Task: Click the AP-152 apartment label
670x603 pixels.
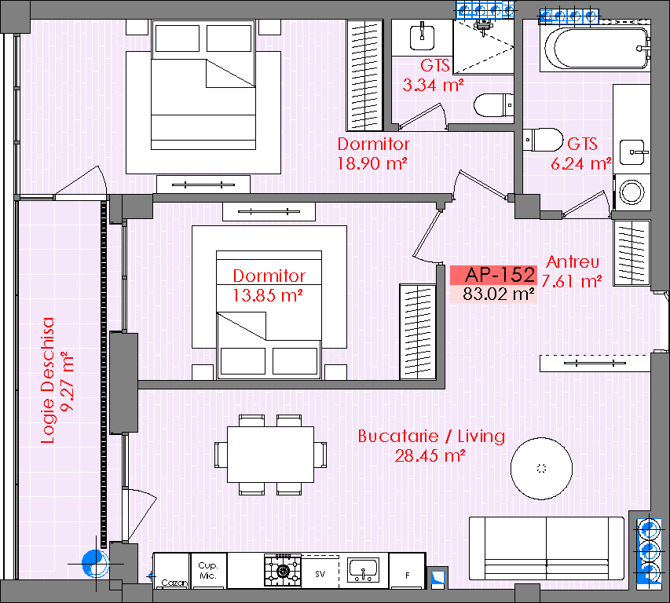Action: coord(500,275)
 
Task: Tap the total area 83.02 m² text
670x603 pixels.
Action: coord(499,294)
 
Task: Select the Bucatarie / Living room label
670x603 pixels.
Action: coord(431,436)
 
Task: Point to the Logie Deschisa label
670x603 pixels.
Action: coord(48,380)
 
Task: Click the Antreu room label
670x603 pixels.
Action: coord(573,261)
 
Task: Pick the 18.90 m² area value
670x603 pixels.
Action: coord(372,163)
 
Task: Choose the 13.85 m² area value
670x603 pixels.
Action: coord(268,295)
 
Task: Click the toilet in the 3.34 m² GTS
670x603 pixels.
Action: coord(493,105)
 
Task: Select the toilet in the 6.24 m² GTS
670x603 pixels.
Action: coord(543,140)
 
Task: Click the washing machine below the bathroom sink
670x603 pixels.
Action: coord(632,192)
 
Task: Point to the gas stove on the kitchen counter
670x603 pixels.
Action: coord(283,570)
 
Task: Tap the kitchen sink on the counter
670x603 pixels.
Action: coord(363,570)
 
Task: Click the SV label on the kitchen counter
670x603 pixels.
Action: coord(320,574)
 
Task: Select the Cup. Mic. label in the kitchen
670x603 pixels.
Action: coord(208,571)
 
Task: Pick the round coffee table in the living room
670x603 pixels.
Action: coord(541,469)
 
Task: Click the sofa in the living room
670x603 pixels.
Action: coord(547,548)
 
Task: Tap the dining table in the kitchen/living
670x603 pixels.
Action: coord(270,455)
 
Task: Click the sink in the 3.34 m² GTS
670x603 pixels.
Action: coord(422,37)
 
